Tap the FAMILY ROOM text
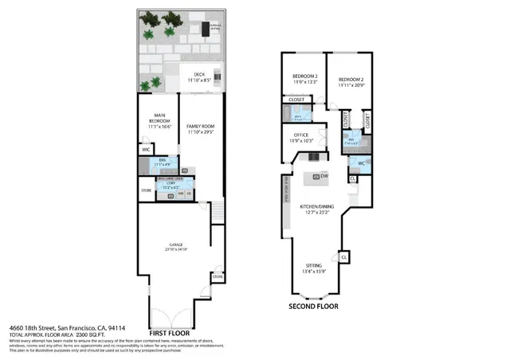pos(201,126)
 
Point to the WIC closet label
pos(146,149)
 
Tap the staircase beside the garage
pos(215,211)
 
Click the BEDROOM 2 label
pos(351,80)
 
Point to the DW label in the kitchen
pos(324,176)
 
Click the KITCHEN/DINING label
pos(316,207)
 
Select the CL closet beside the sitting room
pos(344,257)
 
